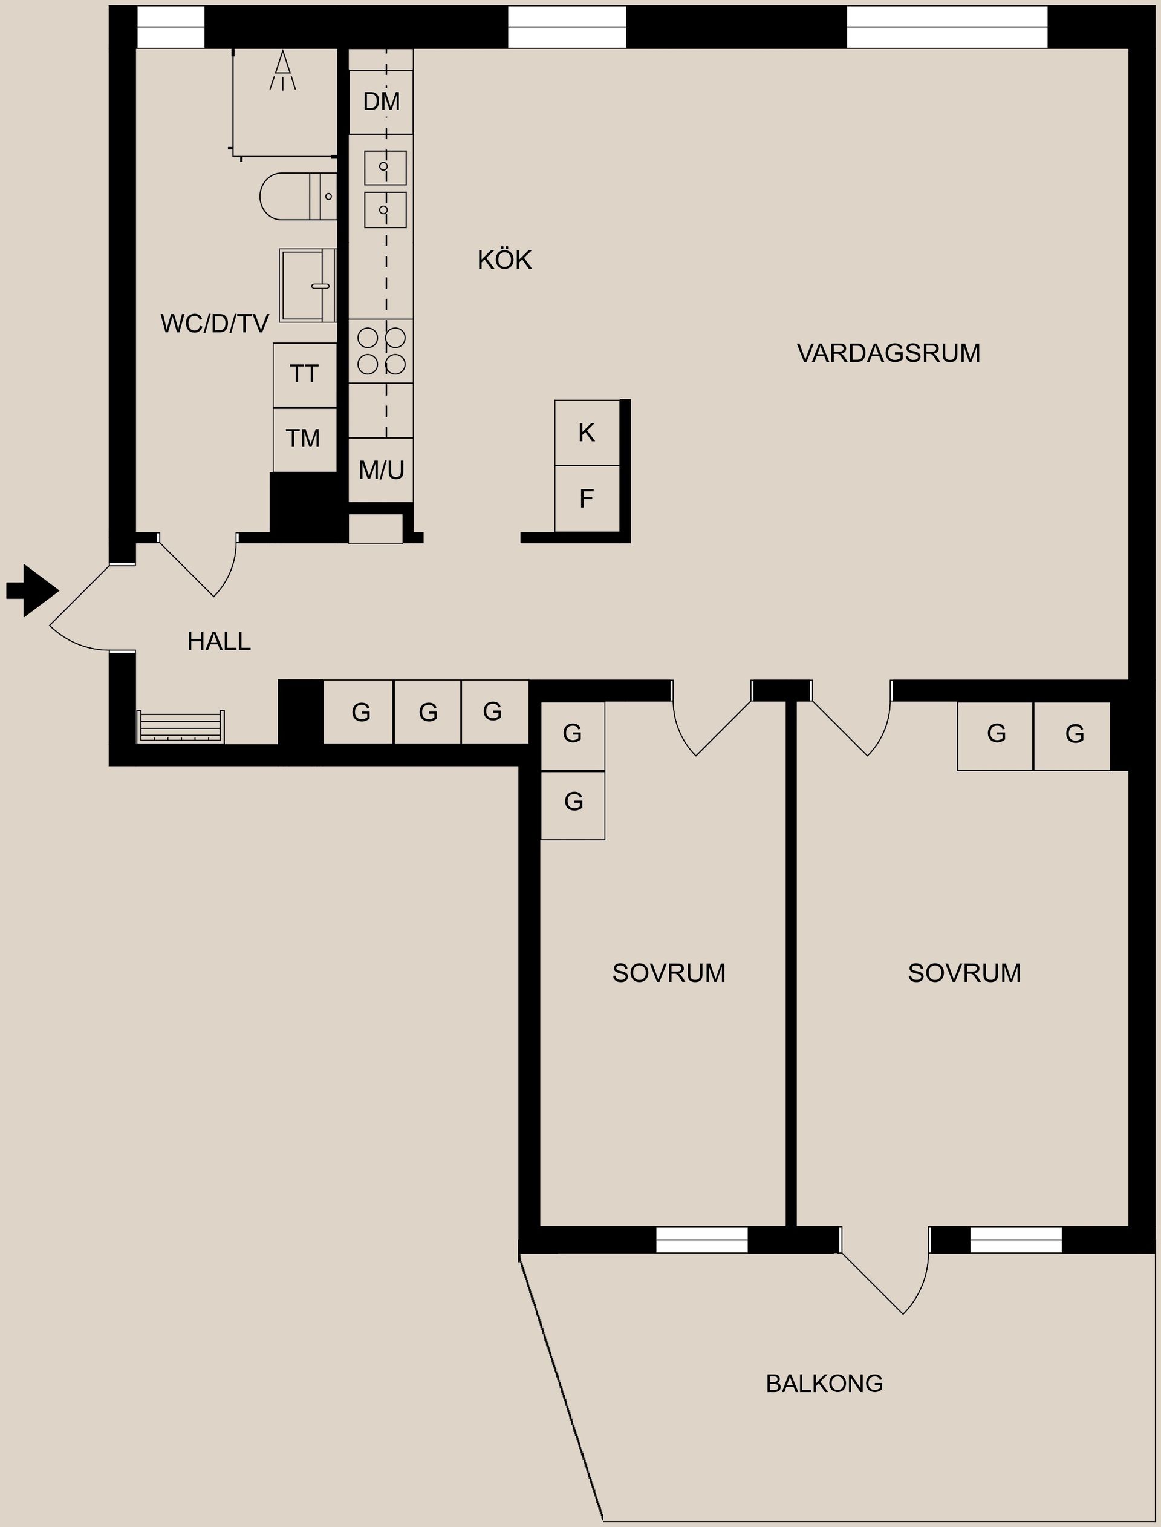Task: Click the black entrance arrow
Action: pos(31,590)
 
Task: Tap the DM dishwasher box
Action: pos(381,102)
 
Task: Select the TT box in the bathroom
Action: pos(304,374)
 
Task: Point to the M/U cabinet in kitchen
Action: pos(381,470)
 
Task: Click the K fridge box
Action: pos(587,433)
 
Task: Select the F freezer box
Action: pos(587,499)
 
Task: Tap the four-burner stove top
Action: pos(381,350)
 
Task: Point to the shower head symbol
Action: pos(282,70)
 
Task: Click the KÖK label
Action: pos(504,261)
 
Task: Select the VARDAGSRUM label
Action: pos(888,353)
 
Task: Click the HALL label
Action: pos(218,641)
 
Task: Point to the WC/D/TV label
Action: pos(214,324)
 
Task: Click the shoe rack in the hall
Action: pos(180,727)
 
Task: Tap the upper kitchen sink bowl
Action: pos(385,168)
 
